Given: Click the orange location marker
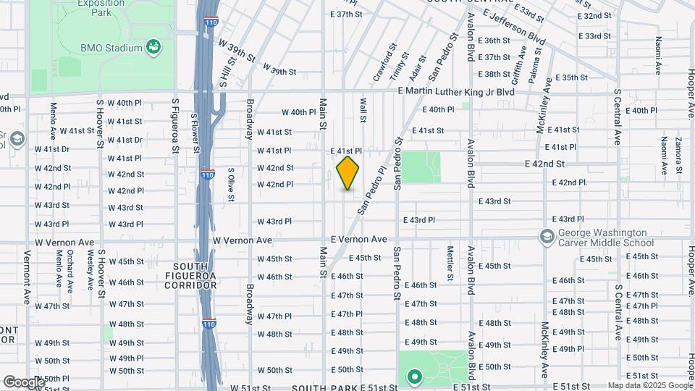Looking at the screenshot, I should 347,172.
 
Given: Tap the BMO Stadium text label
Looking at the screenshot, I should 111,49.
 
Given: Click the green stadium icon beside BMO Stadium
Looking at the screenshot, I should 153,48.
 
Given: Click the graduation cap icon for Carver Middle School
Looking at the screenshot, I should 547,236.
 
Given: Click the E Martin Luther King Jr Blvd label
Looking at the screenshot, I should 457,92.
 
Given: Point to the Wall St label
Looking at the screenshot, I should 363,111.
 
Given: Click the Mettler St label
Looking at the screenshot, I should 450,263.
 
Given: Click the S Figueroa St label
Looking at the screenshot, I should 175,126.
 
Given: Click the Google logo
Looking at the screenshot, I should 23,382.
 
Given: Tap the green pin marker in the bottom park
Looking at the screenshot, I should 415,377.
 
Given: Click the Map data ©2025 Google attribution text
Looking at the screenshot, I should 649,385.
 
